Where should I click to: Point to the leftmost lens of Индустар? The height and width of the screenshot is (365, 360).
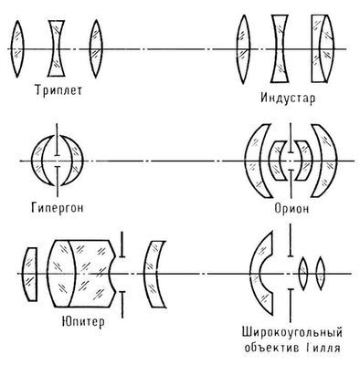(244, 45)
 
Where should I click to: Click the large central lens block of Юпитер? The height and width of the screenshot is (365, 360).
(80, 271)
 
